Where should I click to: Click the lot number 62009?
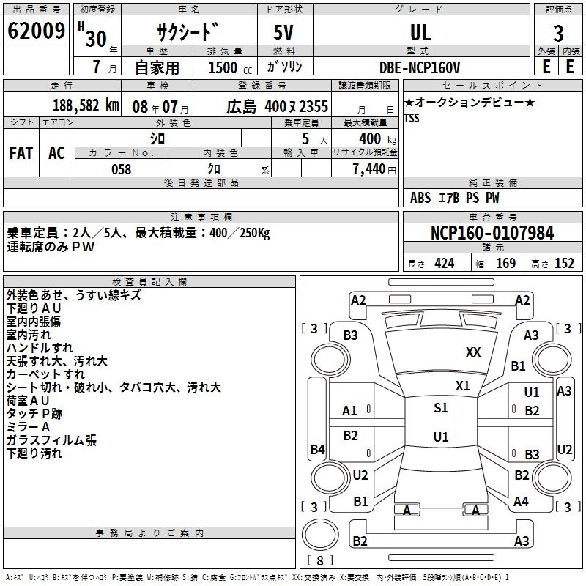tap(36, 30)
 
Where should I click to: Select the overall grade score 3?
tap(558, 33)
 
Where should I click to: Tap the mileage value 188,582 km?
tap(86, 105)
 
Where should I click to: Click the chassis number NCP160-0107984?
tap(492, 232)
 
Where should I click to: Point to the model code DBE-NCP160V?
tap(420, 67)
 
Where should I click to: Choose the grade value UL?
tap(420, 32)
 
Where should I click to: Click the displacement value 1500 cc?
tap(230, 67)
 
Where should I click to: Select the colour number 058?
tap(122, 169)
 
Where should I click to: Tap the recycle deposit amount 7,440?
tap(369, 169)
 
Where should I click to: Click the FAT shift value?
tap(21, 153)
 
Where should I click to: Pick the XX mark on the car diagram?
tap(473, 352)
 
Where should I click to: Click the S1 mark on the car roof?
tap(441, 407)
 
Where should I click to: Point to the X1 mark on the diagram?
tap(463, 385)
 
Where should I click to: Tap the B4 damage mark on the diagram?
tap(318, 449)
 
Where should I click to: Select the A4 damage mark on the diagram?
tap(521, 501)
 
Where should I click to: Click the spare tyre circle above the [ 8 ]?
tap(320, 535)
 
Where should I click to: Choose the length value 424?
tap(444, 264)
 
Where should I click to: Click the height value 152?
tap(564, 264)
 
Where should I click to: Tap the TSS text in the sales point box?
tap(412, 118)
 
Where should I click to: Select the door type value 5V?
tap(283, 32)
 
